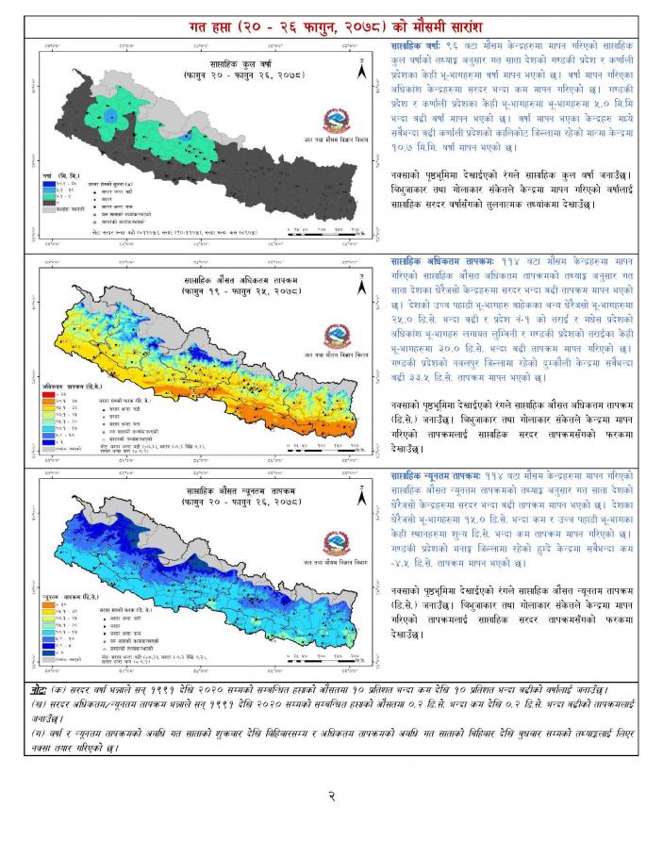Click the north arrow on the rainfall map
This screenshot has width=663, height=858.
pyautogui.click(x=359, y=68)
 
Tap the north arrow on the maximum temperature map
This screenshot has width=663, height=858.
pyautogui.click(x=359, y=283)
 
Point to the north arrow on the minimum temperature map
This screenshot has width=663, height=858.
pyautogui.click(x=359, y=497)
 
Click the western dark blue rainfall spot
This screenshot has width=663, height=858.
pyautogui.click(x=110, y=116)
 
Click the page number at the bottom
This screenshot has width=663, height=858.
pyautogui.click(x=332, y=796)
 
